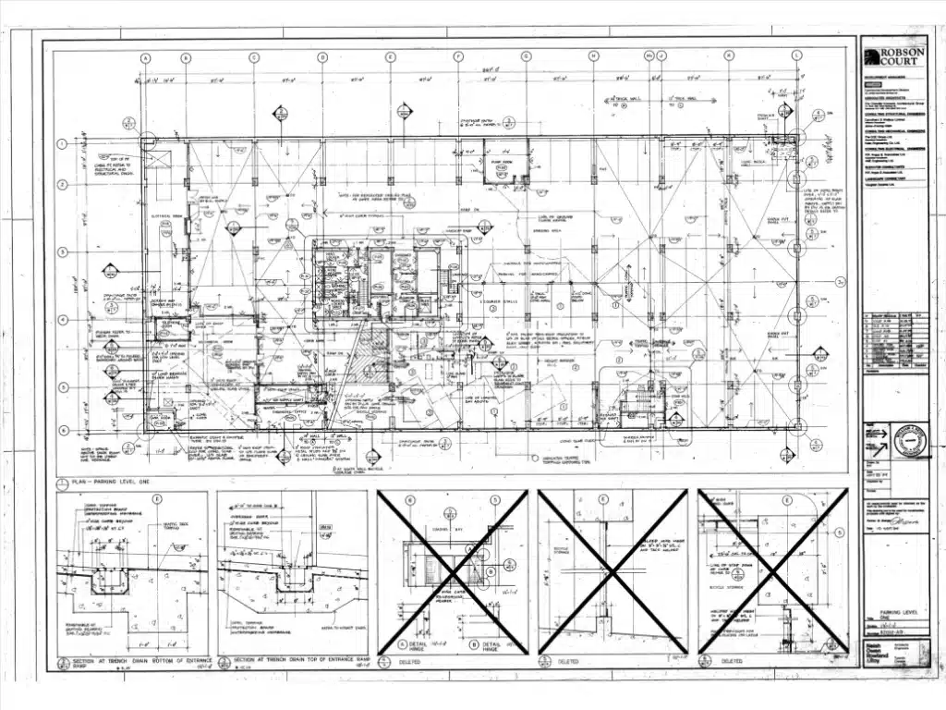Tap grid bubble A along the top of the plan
pyautogui.click(x=145, y=57)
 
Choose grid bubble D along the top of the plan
pyautogui.click(x=322, y=57)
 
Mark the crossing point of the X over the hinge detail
pyautogui.click(x=453, y=572)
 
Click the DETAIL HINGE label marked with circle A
pyautogui.click(x=420, y=645)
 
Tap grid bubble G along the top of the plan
pyautogui.click(x=526, y=57)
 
